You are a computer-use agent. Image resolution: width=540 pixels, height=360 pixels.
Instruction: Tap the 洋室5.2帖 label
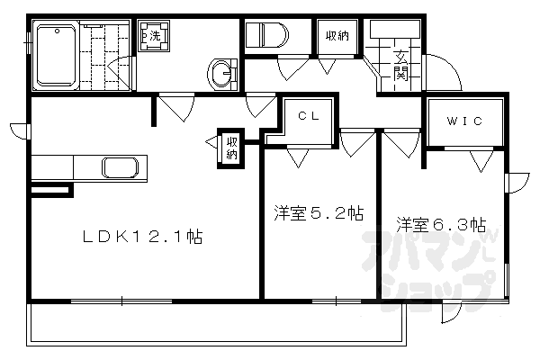coord(319,214)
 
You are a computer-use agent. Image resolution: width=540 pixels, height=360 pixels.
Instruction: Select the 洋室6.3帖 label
coord(441,223)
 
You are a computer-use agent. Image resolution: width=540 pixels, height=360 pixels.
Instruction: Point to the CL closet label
coord(309,115)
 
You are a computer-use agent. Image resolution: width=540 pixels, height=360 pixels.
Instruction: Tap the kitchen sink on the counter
coord(120,167)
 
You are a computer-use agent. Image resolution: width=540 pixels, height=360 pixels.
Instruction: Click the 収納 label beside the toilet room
coord(337,36)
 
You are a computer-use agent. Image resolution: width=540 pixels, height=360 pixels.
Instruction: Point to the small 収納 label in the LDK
coord(231,148)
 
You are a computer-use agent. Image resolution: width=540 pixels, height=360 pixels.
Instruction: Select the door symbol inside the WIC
coord(481,159)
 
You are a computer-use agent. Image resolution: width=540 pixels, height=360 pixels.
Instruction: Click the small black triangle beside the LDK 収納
coord(211,142)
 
